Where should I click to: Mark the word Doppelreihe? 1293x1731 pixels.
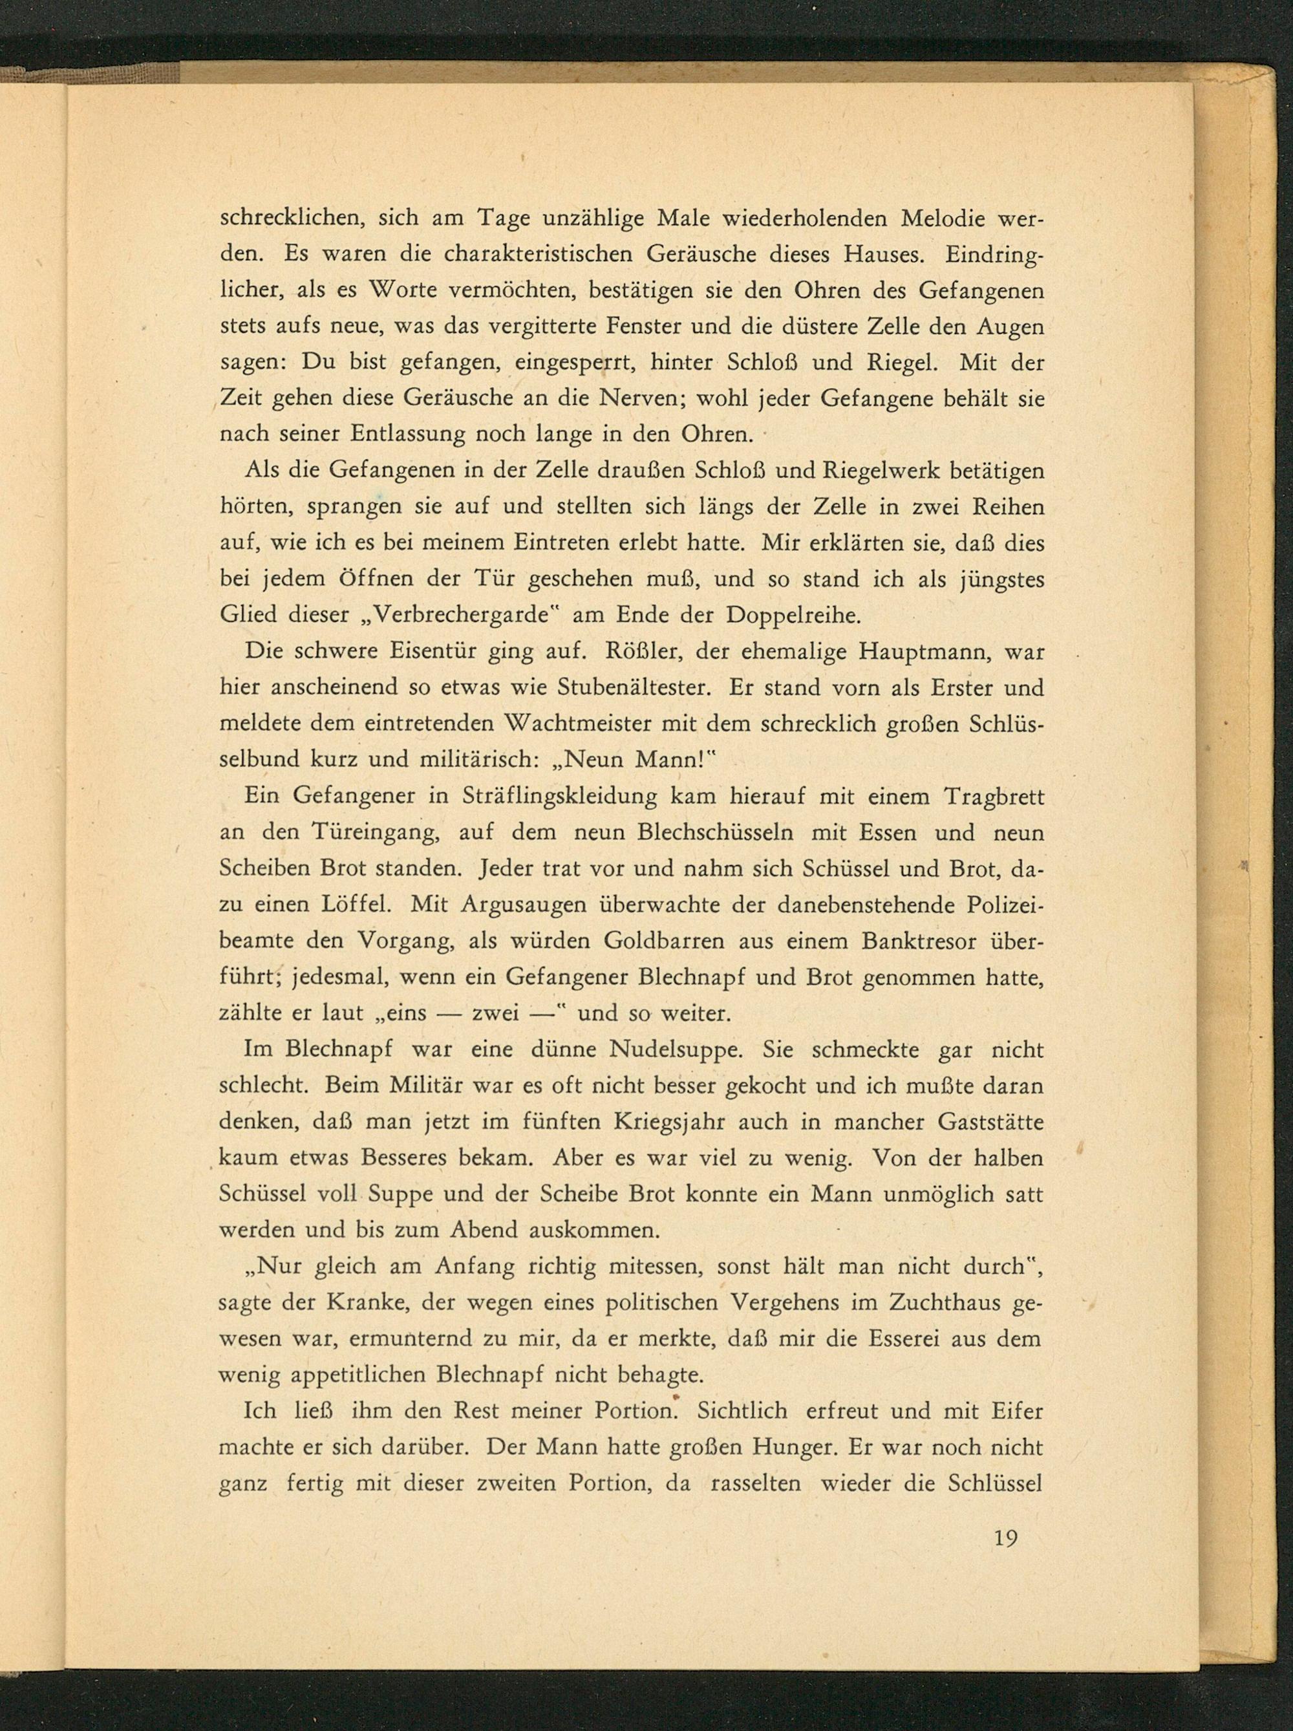[793, 615]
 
